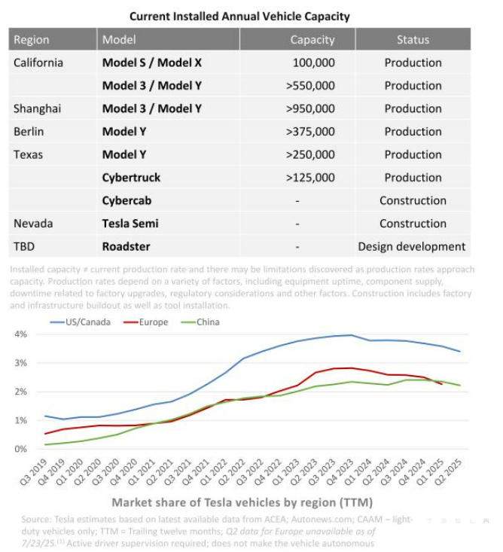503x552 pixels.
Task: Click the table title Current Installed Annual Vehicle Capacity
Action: point(239,16)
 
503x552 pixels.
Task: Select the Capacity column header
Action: point(312,39)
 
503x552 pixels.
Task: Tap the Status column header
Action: point(413,39)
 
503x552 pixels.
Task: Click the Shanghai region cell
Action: point(37,108)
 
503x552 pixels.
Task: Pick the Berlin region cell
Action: point(29,132)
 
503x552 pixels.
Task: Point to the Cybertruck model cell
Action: point(131,178)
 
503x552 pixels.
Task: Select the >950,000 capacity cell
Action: point(310,108)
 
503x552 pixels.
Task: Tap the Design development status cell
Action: point(412,246)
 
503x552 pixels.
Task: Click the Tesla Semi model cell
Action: point(130,224)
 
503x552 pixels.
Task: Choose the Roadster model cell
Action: point(126,246)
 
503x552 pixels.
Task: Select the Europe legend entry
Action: point(149,322)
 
